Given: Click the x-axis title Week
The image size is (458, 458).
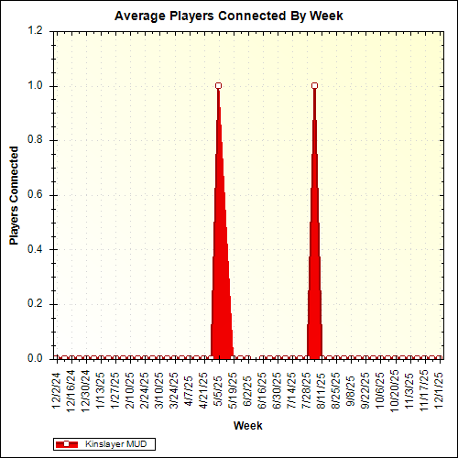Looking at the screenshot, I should [247, 426].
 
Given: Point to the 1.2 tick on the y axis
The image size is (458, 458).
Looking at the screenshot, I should [36, 31].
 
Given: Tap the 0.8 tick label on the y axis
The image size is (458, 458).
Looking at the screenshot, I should [36, 140].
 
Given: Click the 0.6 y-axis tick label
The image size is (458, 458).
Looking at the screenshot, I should [36, 195].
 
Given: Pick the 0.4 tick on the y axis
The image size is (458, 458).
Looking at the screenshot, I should [36, 249].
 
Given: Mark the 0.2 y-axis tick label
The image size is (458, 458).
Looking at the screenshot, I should [36, 304].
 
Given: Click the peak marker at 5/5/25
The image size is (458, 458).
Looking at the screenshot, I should [219, 86].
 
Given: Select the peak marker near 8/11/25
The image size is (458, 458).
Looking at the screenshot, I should [315, 86].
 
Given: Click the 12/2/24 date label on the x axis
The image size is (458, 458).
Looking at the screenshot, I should [57, 390].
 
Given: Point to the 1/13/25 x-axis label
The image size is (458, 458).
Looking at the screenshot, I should [101, 390].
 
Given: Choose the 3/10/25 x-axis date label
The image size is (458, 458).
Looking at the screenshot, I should [160, 390].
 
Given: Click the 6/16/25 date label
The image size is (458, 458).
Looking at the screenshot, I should [264, 390].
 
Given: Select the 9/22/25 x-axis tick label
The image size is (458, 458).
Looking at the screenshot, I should [367, 390].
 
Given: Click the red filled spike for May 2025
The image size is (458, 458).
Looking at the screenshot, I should [220, 275].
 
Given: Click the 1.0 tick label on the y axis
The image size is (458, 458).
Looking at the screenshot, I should [36, 86].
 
